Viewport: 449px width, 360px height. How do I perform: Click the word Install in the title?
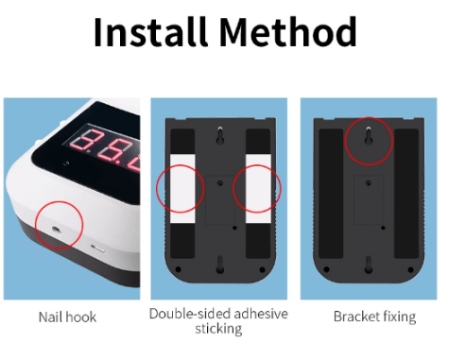(x=150, y=31)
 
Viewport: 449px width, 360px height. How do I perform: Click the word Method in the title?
(x=287, y=31)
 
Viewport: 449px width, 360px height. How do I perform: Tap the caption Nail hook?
(x=67, y=317)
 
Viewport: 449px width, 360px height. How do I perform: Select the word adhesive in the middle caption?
(x=261, y=314)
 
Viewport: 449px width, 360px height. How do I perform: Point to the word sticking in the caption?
(x=218, y=329)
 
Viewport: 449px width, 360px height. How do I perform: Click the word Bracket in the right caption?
(x=356, y=317)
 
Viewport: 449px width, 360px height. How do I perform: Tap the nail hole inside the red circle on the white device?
(x=57, y=230)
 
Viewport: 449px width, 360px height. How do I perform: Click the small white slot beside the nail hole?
(x=97, y=249)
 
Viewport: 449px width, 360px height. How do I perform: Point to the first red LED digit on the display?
(x=83, y=142)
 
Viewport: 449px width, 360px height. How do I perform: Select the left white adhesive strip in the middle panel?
(x=182, y=189)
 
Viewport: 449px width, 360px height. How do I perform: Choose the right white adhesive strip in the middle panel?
(x=258, y=189)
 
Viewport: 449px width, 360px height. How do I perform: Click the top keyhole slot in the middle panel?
(x=220, y=135)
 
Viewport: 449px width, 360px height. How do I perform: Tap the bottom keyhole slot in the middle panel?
(x=220, y=264)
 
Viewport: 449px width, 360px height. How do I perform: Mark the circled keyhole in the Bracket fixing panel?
(x=369, y=135)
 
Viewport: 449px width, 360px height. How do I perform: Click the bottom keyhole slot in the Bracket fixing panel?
(x=369, y=265)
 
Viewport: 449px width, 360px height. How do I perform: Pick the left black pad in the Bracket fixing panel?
(x=331, y=194)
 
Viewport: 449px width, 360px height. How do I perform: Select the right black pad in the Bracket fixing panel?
(x=406, y=194)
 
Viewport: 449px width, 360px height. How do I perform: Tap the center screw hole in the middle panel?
(x=220, y=182)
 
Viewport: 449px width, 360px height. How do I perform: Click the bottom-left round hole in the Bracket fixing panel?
(x=326, y=269)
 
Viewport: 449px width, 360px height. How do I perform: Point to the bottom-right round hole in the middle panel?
(x=262, y=269)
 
